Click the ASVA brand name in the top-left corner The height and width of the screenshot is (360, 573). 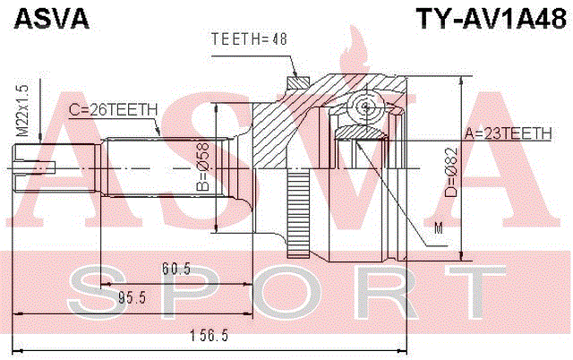pos(52,18)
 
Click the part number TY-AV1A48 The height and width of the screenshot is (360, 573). pos(491,19)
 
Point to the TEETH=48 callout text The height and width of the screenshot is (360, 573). pos(249,39)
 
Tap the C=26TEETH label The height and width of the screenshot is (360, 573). pos(114,109)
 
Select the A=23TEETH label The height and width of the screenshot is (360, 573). pos(509,133)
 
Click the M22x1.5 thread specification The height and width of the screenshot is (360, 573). pos(22,110)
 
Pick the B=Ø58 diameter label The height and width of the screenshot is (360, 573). pos(203,167)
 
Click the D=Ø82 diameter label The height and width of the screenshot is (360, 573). pos(450,172)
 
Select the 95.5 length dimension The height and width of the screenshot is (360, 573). pos(133,298)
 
